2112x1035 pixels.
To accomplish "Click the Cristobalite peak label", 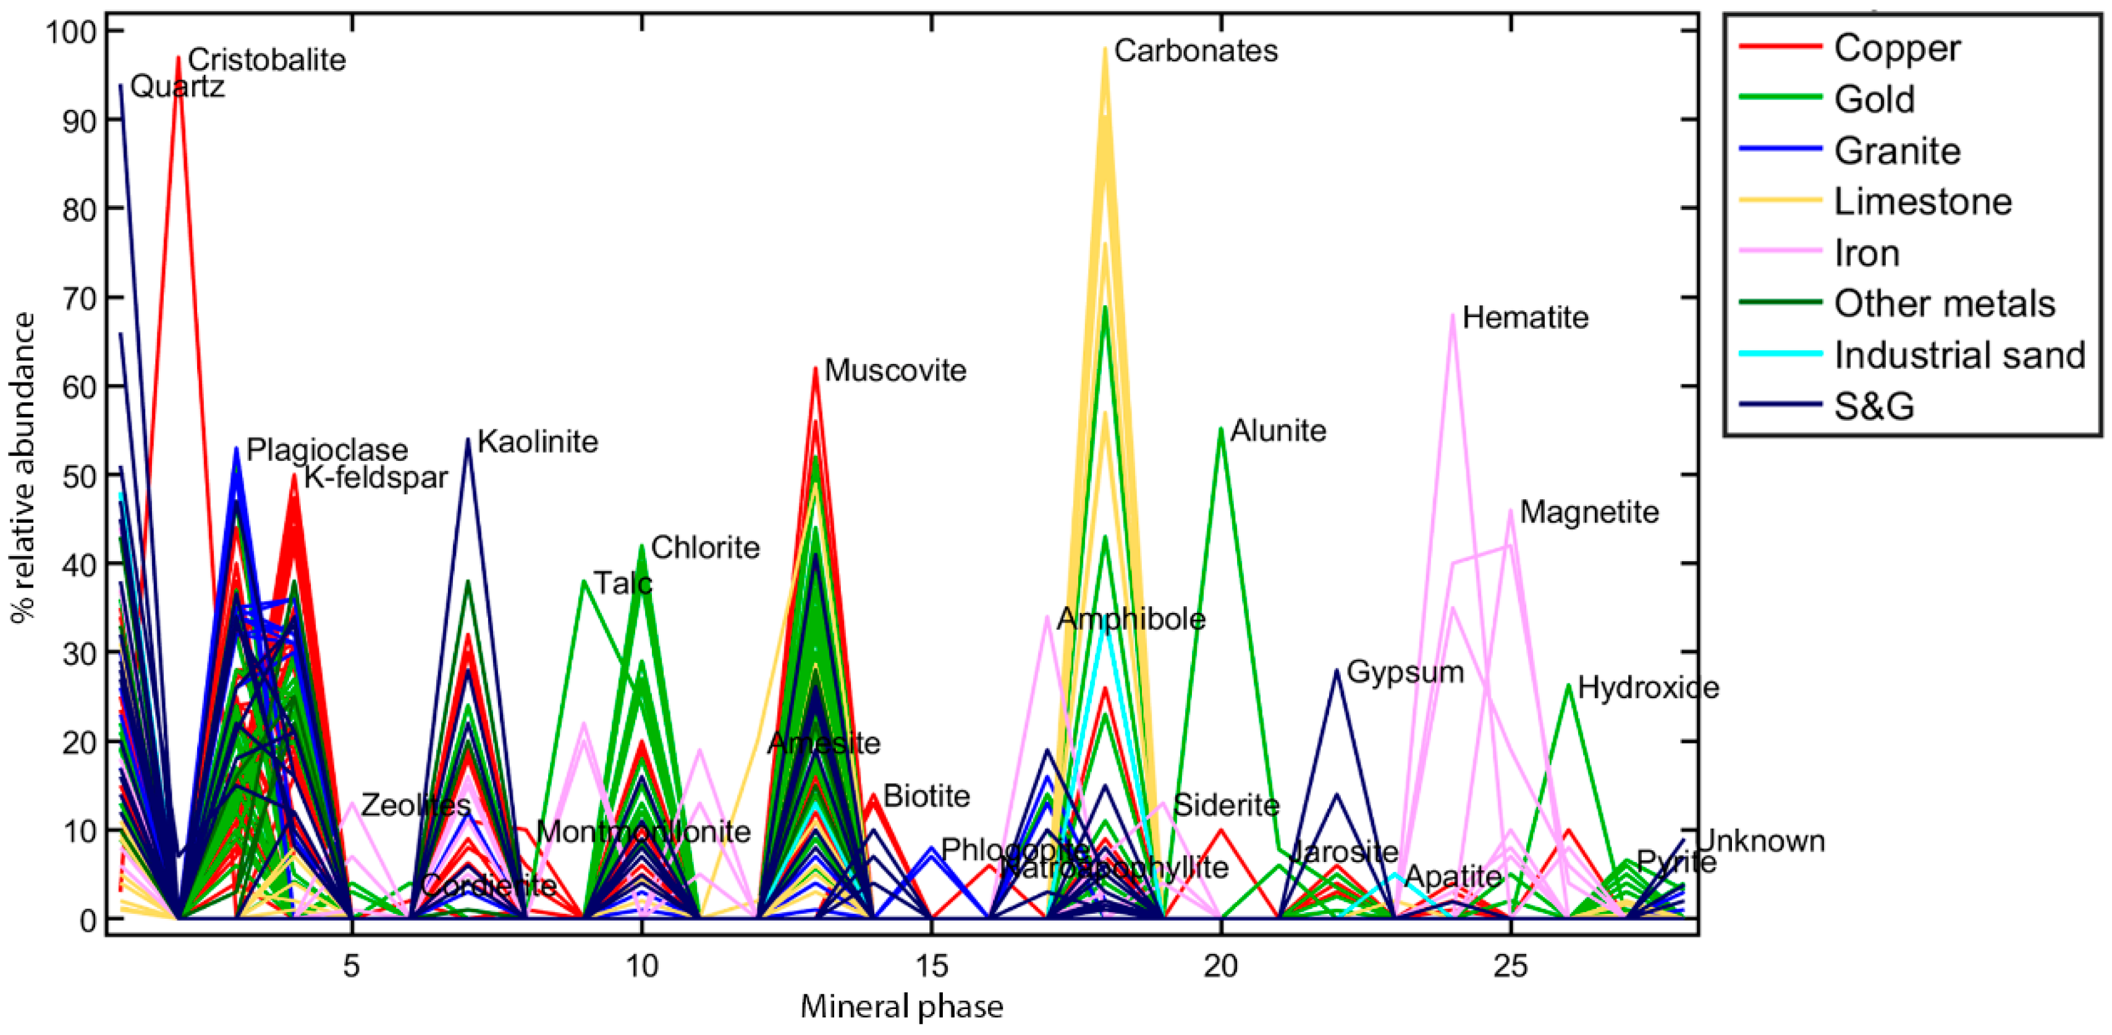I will pos(266,60).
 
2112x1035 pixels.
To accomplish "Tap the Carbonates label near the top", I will pos(1196,51).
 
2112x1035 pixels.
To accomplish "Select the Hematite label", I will pos(1525,318).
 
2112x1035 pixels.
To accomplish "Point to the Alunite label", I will pos(1278,431).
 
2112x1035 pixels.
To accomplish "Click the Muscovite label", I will pos(895,370).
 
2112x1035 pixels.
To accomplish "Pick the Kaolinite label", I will pos(538,442).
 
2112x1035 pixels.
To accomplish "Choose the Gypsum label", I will pos(1405,672).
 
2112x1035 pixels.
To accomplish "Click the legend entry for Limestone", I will pos(1922,201).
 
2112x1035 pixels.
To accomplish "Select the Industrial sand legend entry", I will pos(1959,354).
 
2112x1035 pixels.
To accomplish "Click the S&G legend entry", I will pos(1874,406).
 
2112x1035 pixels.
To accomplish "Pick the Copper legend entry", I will pos(1897,48).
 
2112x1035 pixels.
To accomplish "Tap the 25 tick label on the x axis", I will pos(1510,966).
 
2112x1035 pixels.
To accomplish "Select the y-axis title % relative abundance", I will pos(22,468).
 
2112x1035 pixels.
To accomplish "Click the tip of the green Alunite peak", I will pos(1222,428).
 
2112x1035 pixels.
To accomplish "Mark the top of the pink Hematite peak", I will pos(1453,314).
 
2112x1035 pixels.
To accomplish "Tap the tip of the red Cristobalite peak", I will pos(178,57).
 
